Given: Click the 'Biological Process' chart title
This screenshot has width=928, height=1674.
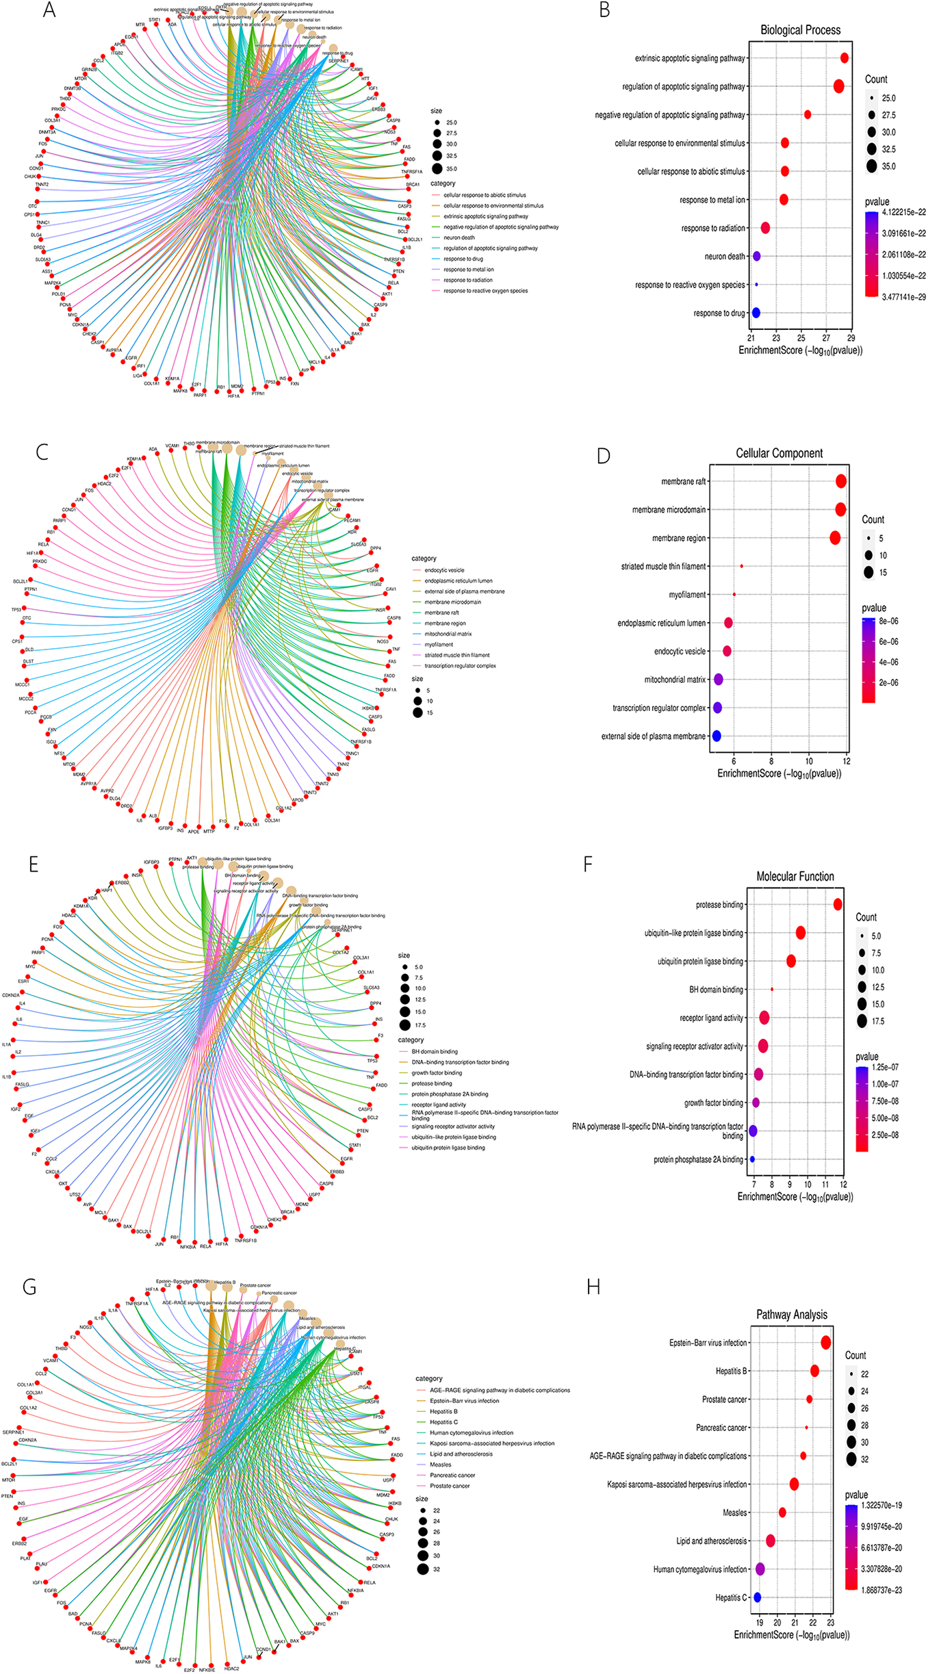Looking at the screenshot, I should (800, 30).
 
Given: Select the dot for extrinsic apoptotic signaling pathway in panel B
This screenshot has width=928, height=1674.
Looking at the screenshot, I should (844, 58).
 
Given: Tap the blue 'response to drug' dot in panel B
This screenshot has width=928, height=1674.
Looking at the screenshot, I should (756, 313).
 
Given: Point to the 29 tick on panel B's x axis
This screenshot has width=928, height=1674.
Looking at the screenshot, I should (851, 337).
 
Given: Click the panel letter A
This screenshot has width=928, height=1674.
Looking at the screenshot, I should (49, 10).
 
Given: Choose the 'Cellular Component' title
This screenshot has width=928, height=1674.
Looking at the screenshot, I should (779, 453).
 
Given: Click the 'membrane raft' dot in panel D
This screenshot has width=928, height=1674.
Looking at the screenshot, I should (841, 481).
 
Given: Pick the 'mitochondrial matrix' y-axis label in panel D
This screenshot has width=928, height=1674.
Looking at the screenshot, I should (674, 680).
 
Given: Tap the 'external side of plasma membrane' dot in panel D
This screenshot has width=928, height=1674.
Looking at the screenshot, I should (717, 736).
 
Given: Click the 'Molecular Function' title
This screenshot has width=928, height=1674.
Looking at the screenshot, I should (795, 877).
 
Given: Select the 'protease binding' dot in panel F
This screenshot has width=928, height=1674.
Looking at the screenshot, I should (838, 905).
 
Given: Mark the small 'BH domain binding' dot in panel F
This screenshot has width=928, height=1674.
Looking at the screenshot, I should (772, 989).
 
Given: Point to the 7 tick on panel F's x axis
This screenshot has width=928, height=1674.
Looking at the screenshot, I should (754, 1184).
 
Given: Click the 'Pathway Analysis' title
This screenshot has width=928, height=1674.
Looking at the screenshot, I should (791, 1315).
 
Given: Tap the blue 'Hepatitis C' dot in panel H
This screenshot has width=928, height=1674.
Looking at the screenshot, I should (757, 1597).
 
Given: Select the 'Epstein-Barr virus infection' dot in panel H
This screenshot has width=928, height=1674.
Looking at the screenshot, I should (825, 1343).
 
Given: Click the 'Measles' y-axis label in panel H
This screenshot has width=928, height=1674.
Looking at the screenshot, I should (734, 1512).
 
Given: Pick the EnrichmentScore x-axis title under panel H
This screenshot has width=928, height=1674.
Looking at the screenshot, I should (791, 1635).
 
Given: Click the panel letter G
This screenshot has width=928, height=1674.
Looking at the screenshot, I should (29, 1287).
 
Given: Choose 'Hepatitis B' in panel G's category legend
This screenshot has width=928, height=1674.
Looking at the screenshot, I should (443, 1411).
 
